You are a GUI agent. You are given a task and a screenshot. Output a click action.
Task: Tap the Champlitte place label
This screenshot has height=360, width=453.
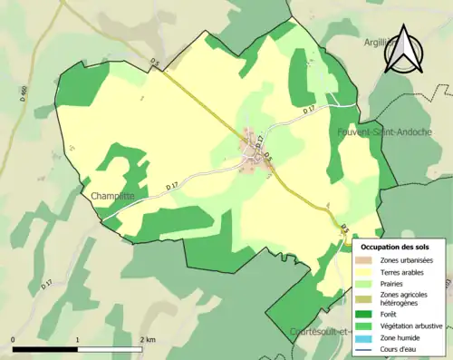[112, 195]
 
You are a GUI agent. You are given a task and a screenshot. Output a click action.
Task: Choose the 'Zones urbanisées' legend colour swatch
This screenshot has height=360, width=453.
[364, 260]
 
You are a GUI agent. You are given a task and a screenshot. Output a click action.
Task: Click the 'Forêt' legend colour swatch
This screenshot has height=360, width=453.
[364, 314]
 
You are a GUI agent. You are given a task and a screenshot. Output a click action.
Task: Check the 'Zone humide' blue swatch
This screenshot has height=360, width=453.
[364, 336]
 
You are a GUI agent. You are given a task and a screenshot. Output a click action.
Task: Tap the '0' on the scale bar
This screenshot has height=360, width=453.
[14, 340]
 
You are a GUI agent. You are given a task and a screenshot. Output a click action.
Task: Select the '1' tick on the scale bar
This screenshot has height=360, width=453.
[77, 340]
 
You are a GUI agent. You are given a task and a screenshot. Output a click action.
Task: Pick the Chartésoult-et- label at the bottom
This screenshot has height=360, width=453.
[322, 331]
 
